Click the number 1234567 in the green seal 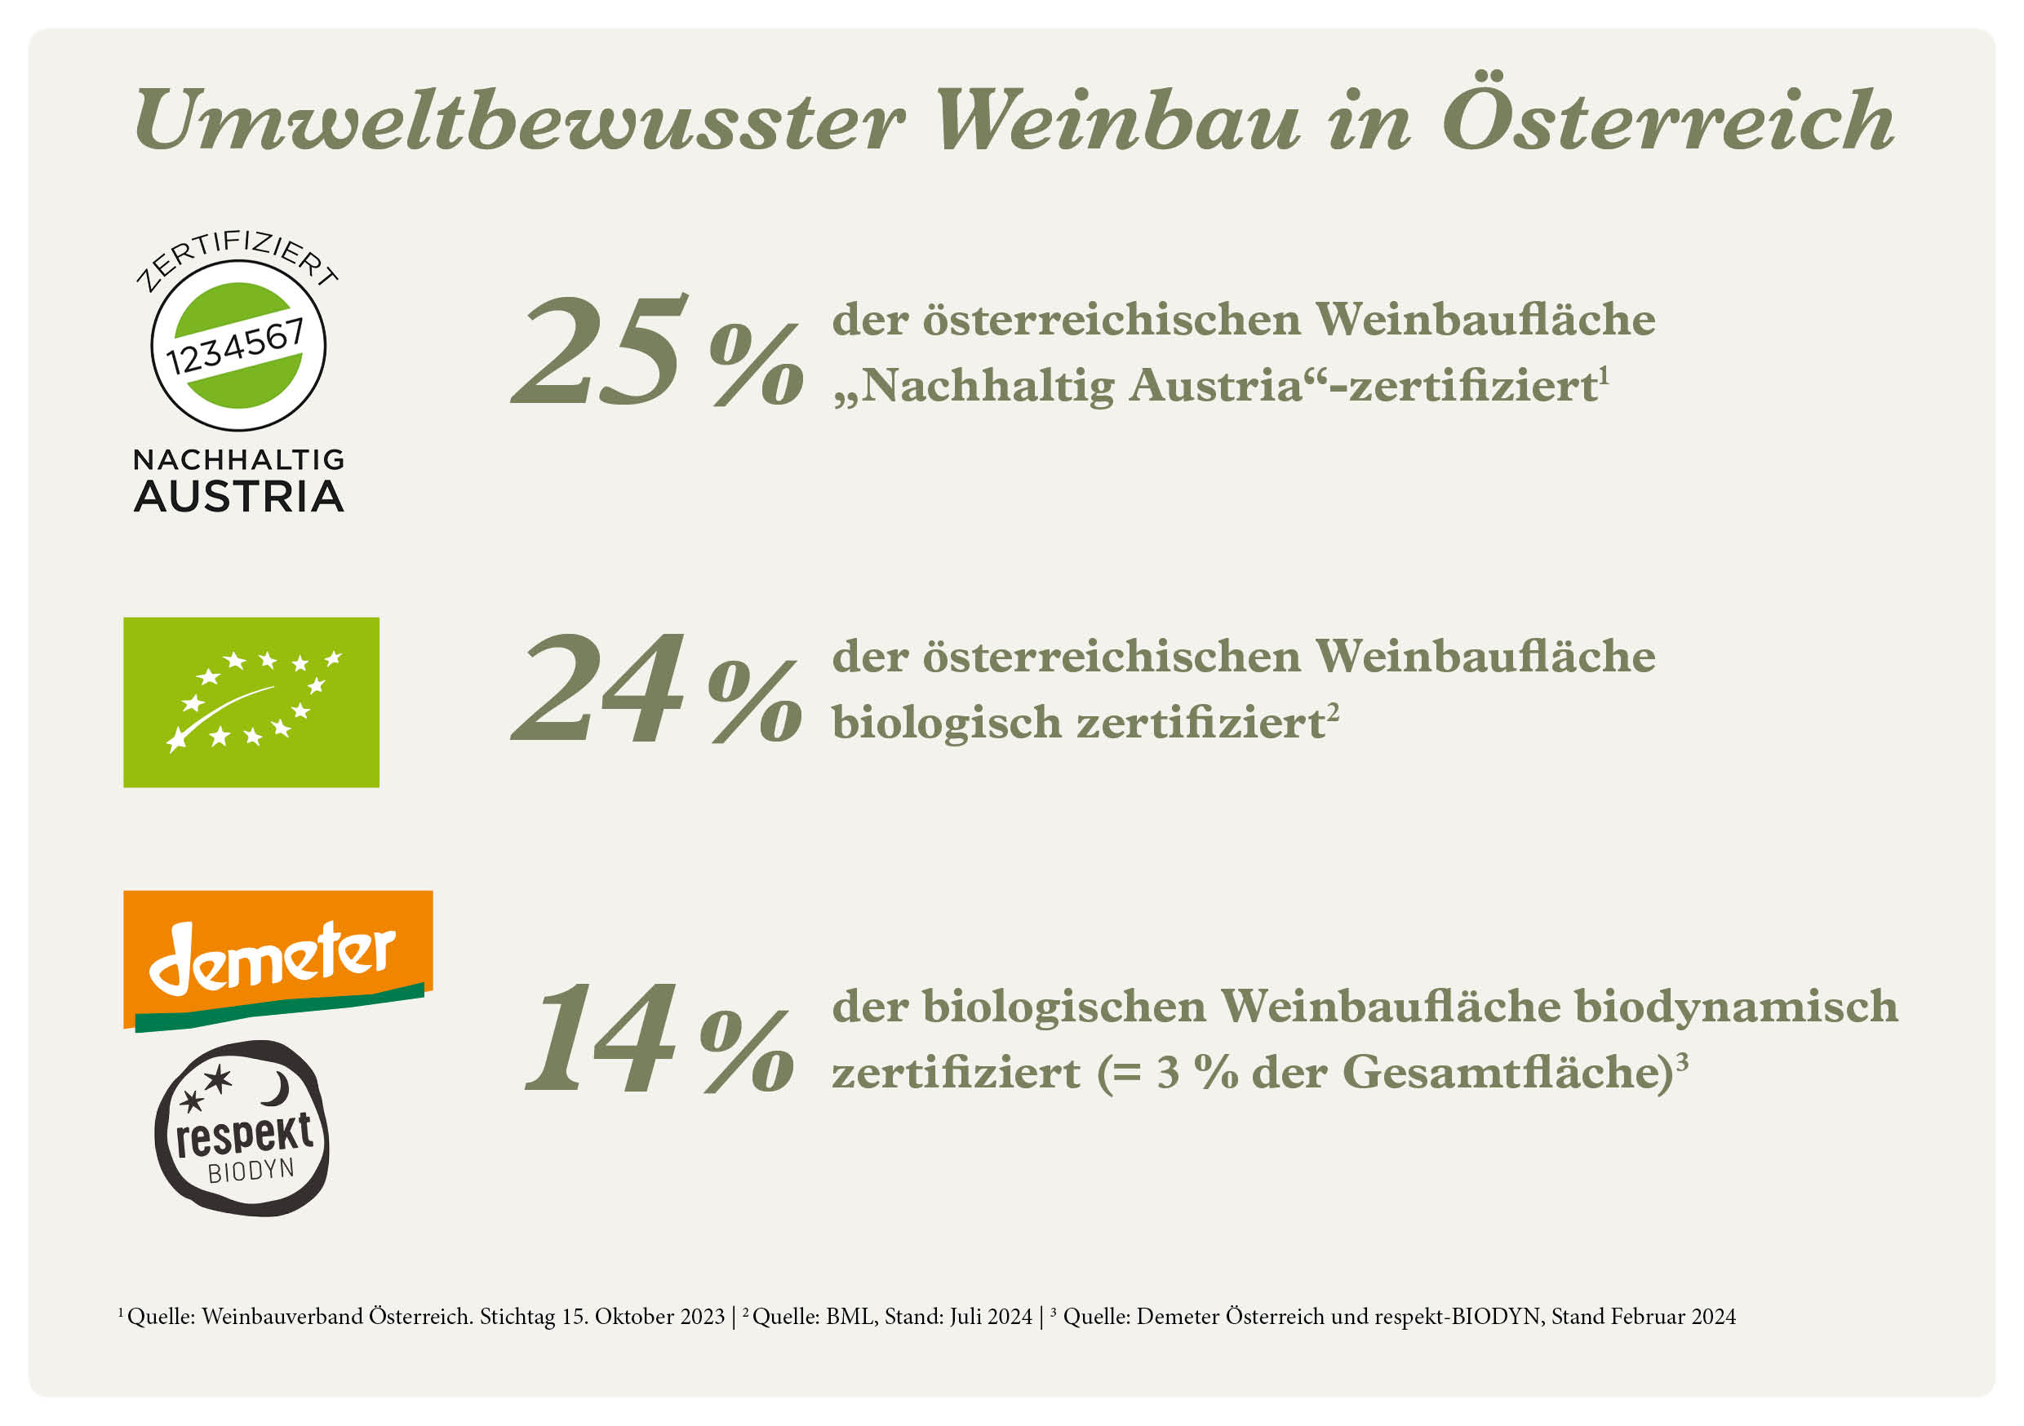tap(236, 347)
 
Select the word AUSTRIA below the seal tap(238, 497)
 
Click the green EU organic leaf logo tap(251, 702)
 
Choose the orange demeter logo tap(277, 959)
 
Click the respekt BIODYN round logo tap(242, 1130)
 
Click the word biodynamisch tap(1736, 1007)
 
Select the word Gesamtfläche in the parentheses tap(1506, 1074)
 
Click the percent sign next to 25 tap(757, 363)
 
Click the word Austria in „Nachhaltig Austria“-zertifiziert tap(1216, 386)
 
